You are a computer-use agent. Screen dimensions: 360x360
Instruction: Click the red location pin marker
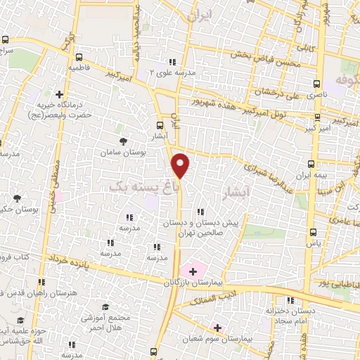[181, 165]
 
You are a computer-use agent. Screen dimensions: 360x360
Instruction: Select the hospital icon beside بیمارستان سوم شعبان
[217, 328]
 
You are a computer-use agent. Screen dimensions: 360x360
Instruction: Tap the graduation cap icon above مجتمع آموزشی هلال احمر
[105, 307]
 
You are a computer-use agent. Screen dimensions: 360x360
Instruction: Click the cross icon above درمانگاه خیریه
[60, 94]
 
